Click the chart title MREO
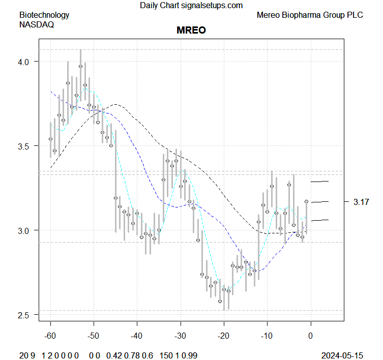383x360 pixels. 191,30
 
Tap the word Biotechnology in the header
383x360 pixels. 44,15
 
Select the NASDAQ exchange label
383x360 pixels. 37,24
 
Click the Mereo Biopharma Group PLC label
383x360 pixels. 310,15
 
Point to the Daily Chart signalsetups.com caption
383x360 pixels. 191,5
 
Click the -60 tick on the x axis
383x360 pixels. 50,336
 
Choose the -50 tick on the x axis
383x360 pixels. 94,336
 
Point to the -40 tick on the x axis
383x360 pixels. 137,336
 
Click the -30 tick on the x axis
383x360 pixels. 181,336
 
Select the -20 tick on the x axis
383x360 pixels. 224,336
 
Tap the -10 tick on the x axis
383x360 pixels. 267,336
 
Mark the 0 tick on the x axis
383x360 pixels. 311,336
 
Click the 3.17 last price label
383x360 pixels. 361,202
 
